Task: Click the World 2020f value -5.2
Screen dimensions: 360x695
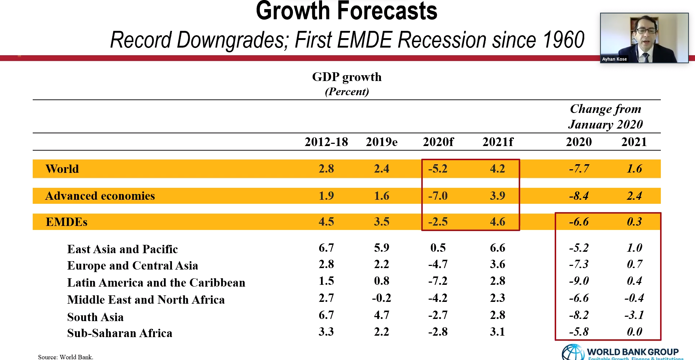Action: pyautogui.click(x=438, y=169)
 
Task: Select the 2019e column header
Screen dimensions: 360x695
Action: pyautogui.click(x=382, y=142)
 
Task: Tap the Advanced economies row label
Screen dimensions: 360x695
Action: pyautogui.click(x=100, y=196)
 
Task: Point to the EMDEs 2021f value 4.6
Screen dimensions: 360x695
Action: pyautogui.click(x=498, y=222)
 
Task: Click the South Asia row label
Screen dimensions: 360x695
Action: pyautogui.click(x=95, y=317)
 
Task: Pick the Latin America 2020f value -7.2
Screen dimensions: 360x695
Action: pyautogui.click(x=438, y=281)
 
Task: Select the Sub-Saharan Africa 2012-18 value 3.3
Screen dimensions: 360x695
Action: pyautogui.click(x=326, y=332)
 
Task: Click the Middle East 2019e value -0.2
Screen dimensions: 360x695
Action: pyautogui.click(x=381, y=298)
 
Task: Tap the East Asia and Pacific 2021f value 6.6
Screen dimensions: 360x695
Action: pyautogui.click(x=498, y=248)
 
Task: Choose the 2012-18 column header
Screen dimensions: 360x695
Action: pyautogui.click(x=326, y=142)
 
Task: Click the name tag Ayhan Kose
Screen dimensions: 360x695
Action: pyautogui.click(x=614, y=59)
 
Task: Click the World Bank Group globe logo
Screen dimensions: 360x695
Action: pyautogui.click(x=573, y=352)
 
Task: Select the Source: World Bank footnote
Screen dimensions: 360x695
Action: pyautogui.click(x=66, y=357)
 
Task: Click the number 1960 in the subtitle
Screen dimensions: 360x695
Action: pyautogui.click(x=563, y=40)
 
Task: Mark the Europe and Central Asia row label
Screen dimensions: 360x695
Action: pyautogui.click(x=133, y=266)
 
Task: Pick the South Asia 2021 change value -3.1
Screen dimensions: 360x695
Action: pyautogui.click(x=634, y=315)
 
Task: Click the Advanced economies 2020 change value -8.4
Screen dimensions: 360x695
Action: pyautogui.click(x=579, y=196)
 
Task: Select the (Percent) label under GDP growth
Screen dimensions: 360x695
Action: pyautogui.click(x=347, y=92)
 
